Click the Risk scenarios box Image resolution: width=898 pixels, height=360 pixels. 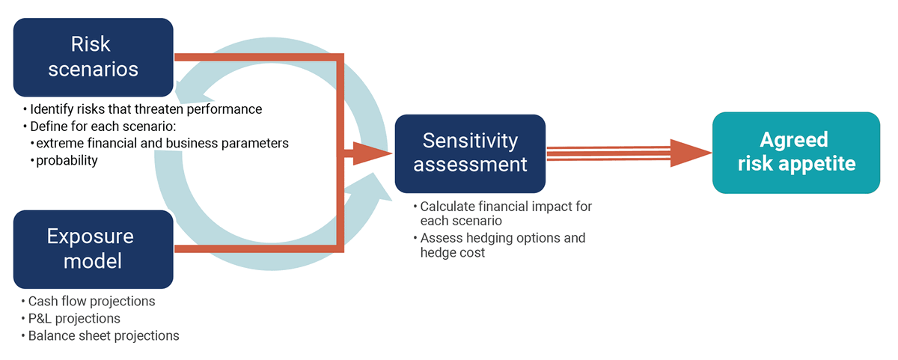click(94, 57)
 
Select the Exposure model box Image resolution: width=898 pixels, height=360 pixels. click(94, 249)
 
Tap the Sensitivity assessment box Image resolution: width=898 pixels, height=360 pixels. click(470, 152)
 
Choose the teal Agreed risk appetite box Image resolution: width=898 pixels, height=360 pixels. click(795, 152)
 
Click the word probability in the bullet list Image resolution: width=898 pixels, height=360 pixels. click(67, 160)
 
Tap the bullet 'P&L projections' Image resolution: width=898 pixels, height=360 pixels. click(74, 318)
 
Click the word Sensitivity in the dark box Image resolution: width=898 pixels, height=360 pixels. click(470, 140)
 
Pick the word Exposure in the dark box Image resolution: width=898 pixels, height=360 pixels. click(90, 237)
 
